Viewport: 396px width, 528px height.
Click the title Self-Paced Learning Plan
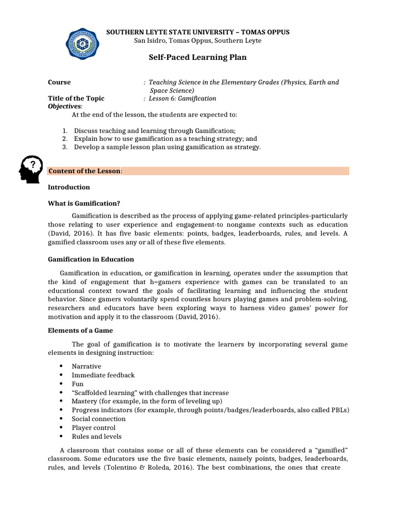click(198, 57)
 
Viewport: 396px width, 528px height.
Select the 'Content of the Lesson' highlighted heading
click(85, 171)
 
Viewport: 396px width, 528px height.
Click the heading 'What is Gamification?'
click(84, 203)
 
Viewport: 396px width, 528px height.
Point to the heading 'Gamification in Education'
click(91, 259)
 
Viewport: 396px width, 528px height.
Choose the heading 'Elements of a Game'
click(80, 331)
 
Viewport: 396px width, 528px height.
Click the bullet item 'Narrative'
click(86, 366)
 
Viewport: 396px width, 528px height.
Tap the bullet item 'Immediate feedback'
click(103, 375)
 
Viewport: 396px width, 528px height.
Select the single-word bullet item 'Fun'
click(77, 384)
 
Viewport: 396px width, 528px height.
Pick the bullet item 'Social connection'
click(98, 419)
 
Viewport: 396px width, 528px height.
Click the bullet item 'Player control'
click(93, 427)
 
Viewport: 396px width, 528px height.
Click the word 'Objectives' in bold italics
click(64, 106)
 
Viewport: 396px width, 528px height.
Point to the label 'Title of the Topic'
click(76, 98)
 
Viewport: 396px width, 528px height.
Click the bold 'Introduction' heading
click(69, 187)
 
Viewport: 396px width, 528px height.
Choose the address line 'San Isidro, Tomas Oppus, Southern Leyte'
click(198, 41)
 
